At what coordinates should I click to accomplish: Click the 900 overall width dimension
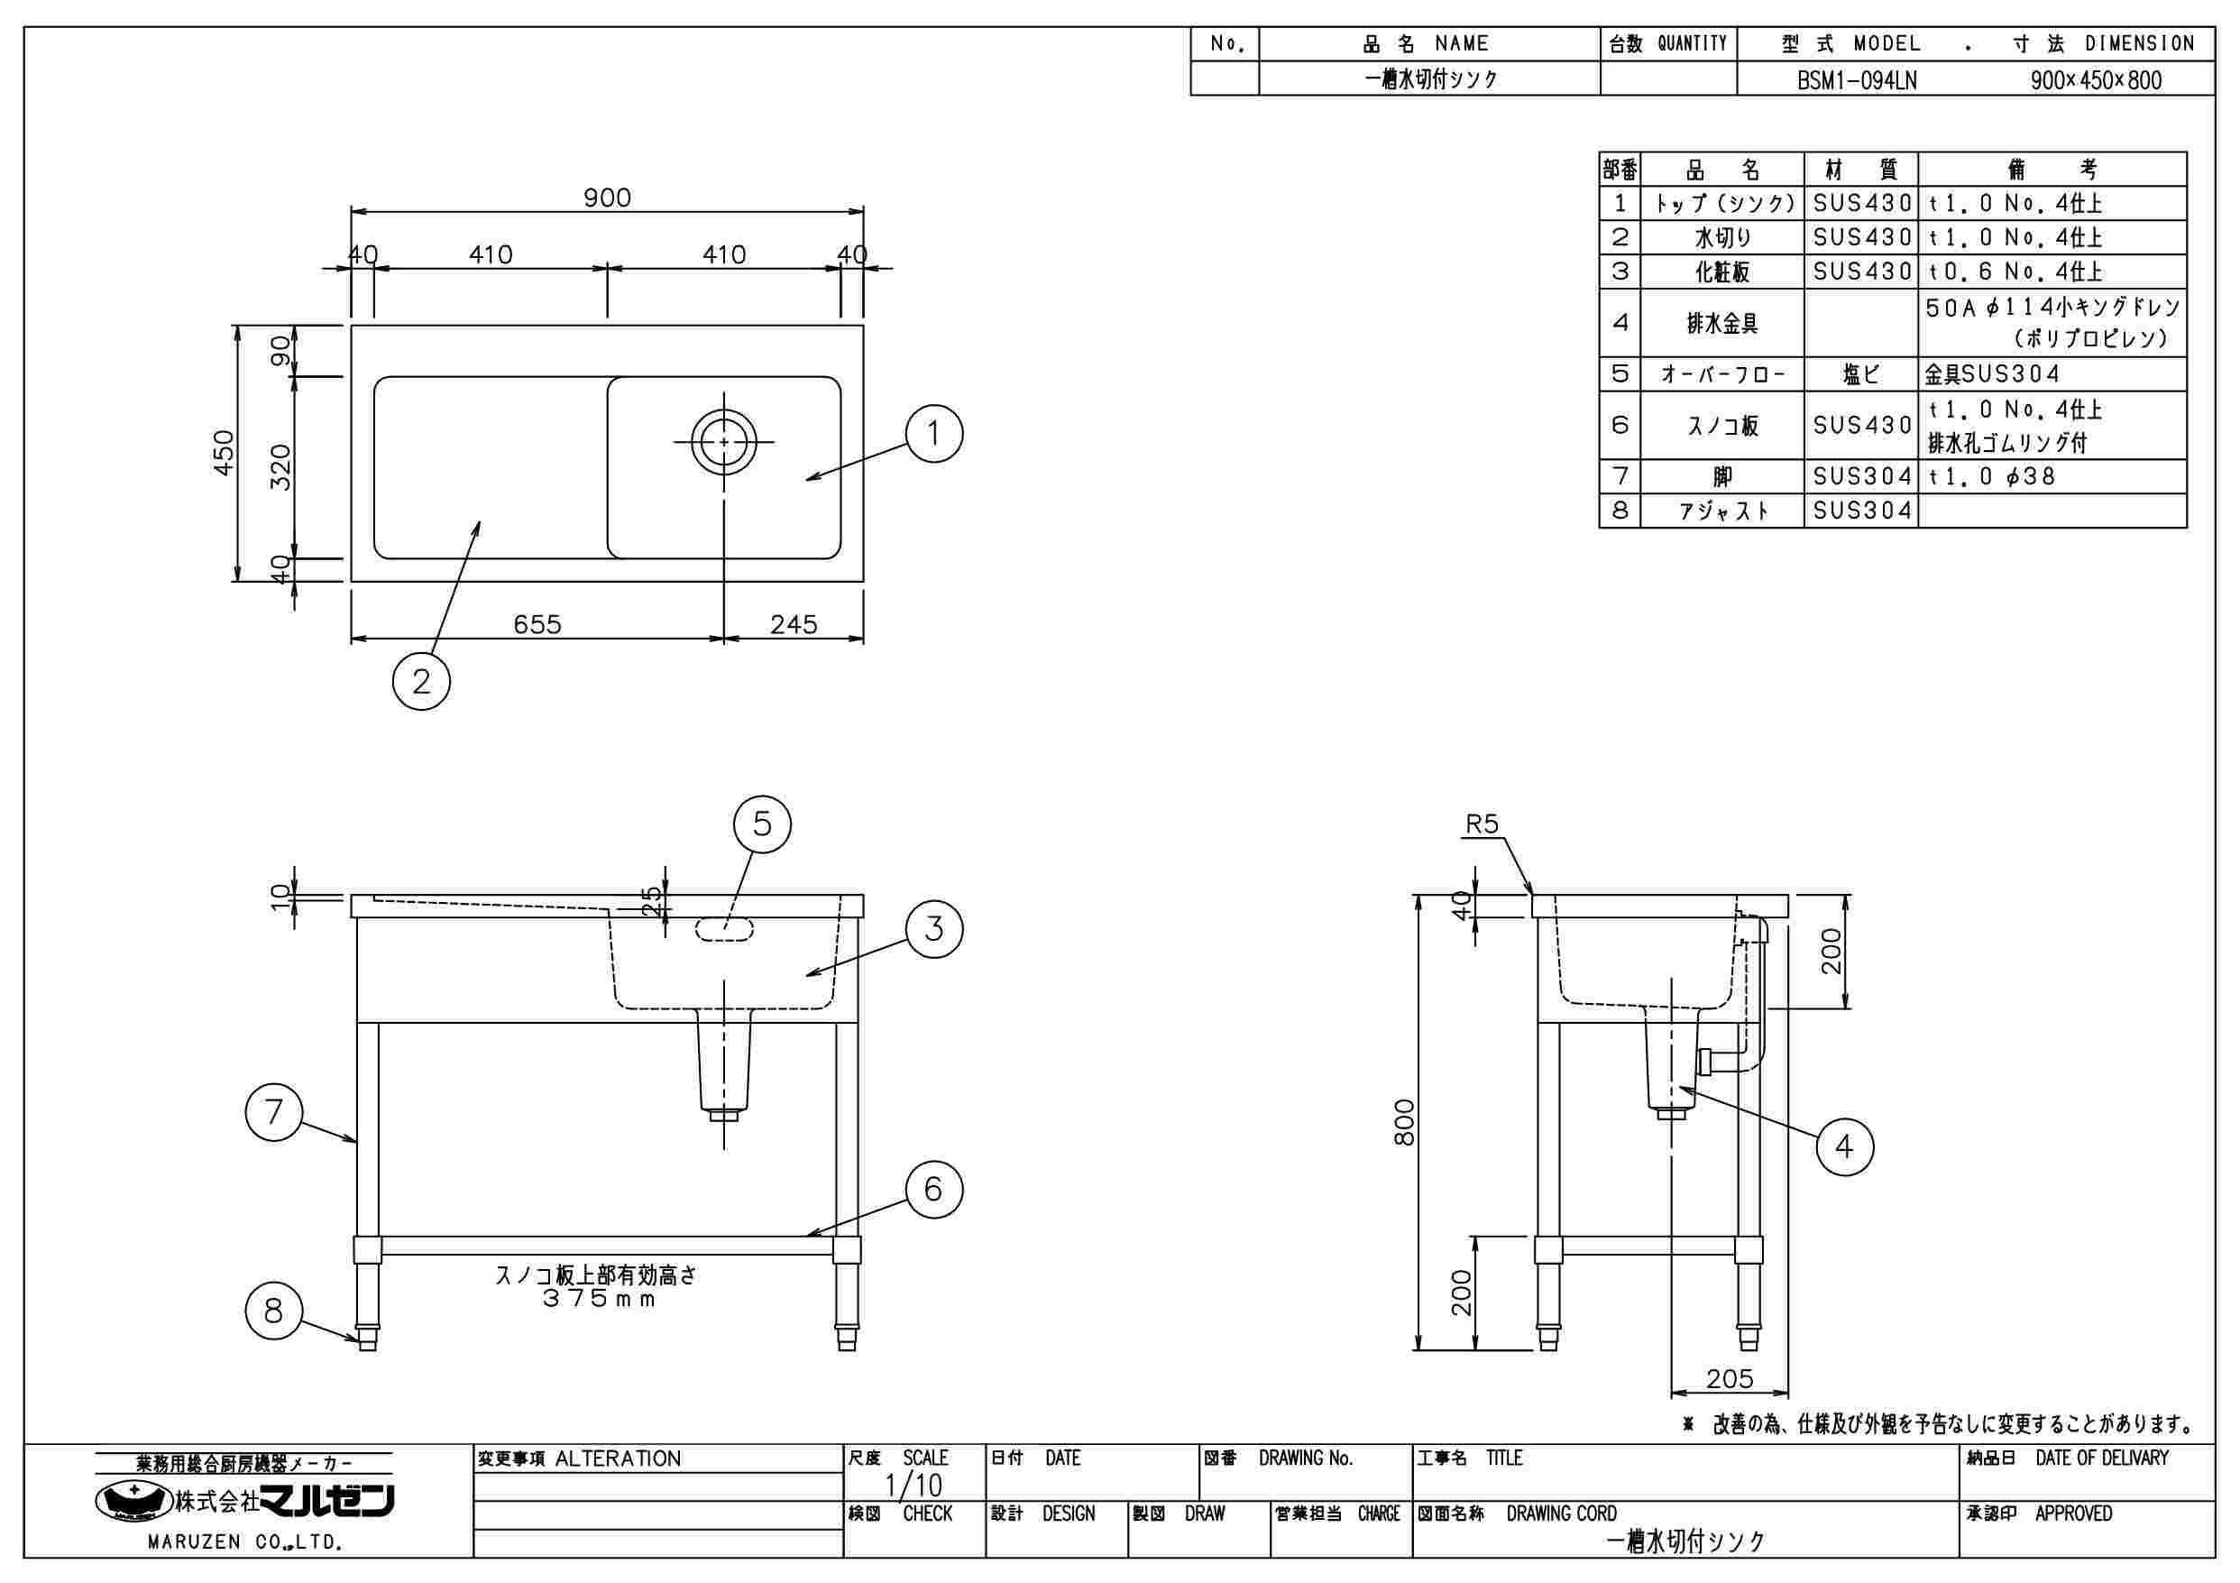point(607,198)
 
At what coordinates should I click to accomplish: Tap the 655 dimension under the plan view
point(537,624)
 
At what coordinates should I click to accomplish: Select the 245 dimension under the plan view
point(794,624)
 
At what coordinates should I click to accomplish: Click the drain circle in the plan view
point(723,441)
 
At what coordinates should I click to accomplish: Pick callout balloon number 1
point(933,433)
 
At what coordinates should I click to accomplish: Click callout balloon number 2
point(420,681)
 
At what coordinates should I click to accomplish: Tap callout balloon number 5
point(762,824)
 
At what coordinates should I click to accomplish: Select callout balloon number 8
point(273,1311)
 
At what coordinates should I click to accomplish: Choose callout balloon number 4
point(1844,1146)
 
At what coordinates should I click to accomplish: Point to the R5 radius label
point(1482,824)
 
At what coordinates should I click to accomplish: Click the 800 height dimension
point(1405,1122)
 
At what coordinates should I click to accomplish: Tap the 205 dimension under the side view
point(1730,1379)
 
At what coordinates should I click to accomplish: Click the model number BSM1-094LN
point(1857,80)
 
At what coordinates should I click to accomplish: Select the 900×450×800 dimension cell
point(2096,80)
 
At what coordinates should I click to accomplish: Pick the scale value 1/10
point(913,1486)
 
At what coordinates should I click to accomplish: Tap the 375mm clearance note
point(599,1299)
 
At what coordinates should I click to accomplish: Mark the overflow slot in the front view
point(724,929)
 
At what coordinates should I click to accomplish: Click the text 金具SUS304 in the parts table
point(1992,373)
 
